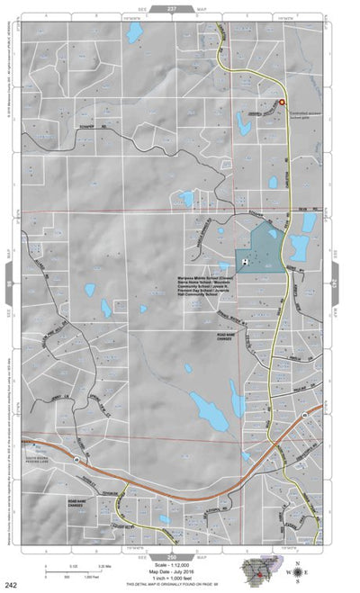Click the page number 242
[10, 586]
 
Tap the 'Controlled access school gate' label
[304, 115]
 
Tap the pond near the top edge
[135, 33]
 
